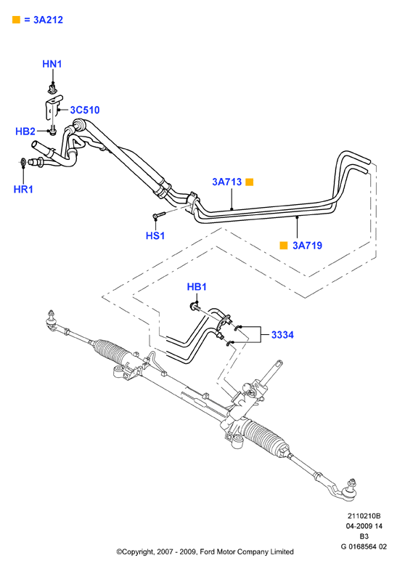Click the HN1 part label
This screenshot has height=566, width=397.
52,64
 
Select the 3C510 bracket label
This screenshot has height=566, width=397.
85,110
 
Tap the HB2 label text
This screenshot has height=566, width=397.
25,132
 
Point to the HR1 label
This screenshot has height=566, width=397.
23,189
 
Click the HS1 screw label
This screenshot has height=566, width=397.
155,235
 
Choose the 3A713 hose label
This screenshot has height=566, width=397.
227,182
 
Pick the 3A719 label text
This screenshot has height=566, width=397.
307,246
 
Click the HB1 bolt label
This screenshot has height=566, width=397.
197,287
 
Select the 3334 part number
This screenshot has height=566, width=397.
282,335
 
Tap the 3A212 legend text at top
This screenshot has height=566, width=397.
49,20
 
